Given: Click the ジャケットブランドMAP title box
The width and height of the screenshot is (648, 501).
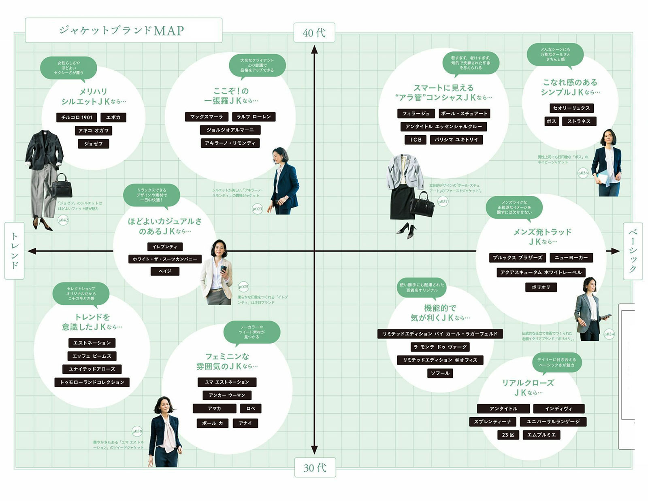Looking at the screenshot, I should point(123,30).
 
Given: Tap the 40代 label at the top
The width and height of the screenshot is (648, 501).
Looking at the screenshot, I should point(314,33).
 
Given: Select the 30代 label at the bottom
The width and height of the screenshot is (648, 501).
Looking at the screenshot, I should point(315,467).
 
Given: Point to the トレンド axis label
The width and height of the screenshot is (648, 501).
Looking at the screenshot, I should point(15,250).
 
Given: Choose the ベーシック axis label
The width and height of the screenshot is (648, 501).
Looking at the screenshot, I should point(633,251).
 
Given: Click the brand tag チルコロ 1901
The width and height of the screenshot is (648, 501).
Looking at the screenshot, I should point(77,117).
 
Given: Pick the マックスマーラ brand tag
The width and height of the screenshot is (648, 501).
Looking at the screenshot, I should point(207,117).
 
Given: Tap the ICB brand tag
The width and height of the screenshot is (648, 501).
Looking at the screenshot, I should point(416,140).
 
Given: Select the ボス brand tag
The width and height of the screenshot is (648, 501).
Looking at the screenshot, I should point(551,121).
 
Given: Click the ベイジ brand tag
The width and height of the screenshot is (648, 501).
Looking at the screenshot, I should point(165,271).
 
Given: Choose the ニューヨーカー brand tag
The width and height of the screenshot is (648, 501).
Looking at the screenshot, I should point(571,257).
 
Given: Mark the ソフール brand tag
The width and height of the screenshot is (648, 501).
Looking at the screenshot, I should point(440,373).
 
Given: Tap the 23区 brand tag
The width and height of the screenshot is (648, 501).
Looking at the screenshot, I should point(508,435).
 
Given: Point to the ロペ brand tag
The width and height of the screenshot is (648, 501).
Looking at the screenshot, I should point(251,408).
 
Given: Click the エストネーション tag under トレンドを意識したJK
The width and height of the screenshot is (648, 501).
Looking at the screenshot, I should point(92,343).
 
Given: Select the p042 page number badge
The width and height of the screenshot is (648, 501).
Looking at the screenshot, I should point(63,220).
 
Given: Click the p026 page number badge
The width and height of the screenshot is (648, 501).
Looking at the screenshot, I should point(583,173).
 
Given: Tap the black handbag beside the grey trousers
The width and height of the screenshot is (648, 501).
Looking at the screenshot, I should point(62,187).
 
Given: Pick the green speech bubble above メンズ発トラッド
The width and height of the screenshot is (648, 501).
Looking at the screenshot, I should point(514,207).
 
